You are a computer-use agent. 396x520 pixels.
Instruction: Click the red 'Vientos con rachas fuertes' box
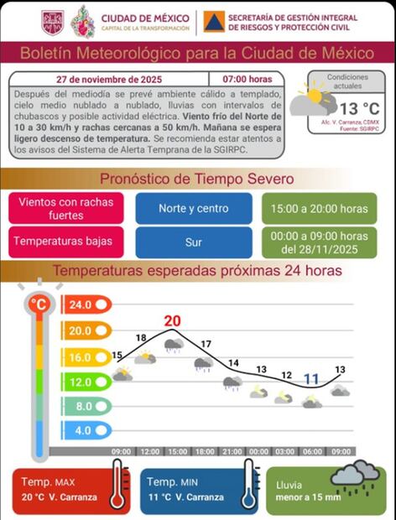(66, 208)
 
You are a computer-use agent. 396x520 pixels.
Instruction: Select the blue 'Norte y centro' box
(193, 208)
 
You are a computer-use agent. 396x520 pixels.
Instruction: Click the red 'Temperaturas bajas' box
(66, 242)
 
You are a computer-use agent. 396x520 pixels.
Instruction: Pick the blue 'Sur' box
(193, 242)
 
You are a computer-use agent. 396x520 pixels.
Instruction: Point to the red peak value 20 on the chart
(173, 321)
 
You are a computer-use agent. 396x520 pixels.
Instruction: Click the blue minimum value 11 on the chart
(311, 378)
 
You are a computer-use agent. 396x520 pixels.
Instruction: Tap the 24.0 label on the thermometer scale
(81, 305)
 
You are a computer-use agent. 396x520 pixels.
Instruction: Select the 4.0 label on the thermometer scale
(81, 430)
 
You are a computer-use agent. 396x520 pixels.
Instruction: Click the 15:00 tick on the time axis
(176, 452)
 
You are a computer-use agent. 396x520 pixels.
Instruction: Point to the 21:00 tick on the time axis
(231, 452)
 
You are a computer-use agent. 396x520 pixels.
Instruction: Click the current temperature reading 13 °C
(358, 108)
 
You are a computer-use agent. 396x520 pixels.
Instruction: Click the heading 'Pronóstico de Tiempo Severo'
(197, 179)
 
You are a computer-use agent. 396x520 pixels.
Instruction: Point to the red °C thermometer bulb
(39, 304)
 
